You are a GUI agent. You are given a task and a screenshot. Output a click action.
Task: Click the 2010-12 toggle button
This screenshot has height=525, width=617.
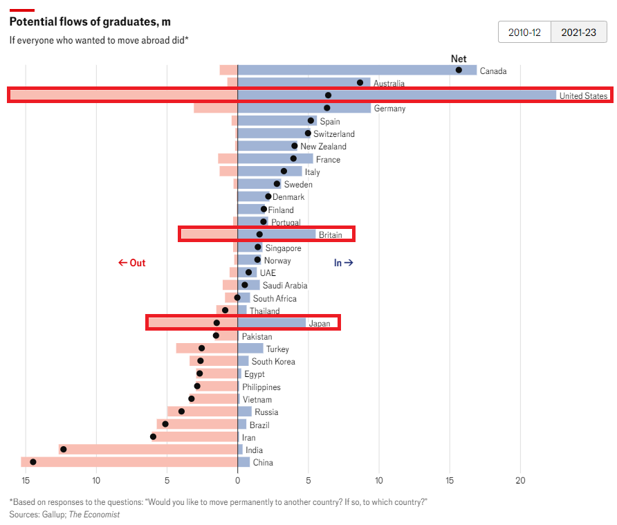pos(524,33)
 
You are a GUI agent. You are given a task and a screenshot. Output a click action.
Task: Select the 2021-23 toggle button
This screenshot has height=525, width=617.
pos(578,33)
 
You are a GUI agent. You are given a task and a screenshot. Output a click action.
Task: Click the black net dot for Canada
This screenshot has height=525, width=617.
pos(459,70)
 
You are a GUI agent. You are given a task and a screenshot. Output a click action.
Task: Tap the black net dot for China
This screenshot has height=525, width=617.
pos(33,462)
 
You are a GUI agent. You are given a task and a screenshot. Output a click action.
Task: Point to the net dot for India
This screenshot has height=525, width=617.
pos(64,450)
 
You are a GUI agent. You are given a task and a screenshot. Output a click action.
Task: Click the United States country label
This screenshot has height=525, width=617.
pos(583,96)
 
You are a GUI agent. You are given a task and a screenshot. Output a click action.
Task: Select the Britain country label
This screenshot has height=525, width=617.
pos(330,235)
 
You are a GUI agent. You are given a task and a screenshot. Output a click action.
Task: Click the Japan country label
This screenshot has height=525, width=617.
pos(320,323)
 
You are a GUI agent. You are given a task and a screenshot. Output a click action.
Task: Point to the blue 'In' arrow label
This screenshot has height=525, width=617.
pos(344,263)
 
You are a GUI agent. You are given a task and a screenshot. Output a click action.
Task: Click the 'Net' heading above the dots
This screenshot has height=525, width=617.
pos(459,59)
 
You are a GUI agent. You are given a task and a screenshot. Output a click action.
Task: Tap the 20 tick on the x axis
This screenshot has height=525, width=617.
pos(520,481)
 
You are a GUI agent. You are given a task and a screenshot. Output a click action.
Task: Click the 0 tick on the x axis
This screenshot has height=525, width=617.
pos(237,481)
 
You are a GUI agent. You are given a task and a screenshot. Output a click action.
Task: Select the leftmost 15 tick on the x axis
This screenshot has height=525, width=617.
pos(26,481)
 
